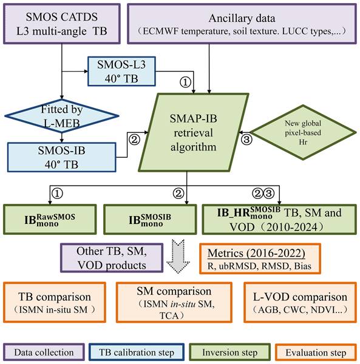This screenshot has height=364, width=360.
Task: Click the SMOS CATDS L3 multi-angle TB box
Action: pyautogui.click(x=62, y=24)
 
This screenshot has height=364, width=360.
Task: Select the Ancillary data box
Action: pyautogui.click(x=242, y=24)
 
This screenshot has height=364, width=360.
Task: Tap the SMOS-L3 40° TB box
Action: pyautogui.click(x=121, y=72)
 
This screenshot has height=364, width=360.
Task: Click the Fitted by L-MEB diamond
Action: pyautogui.click(x=62, y=116)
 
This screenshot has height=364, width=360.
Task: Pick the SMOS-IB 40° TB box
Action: pyautogui.click(x=62, y=157)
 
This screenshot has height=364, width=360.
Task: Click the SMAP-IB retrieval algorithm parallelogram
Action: pyautogui.click(x=194, y=132)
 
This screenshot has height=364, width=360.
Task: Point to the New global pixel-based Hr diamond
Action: pyautogui.click(x=303, y=132)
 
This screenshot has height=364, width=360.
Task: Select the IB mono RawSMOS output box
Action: pyautogui.click(x=50, y=220)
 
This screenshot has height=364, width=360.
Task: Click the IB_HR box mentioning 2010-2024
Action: pyautogui.click(x=279, y=220)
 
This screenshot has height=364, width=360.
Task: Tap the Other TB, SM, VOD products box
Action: pyautogui.click(x=112, y=258)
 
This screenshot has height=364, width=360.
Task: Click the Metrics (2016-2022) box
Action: pyautogui.click(x=260, y=258)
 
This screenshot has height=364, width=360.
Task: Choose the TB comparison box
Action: pyautogui.click(x=55, y=302)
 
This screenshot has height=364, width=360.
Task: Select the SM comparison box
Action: pyautogui.click(x=174, y=302)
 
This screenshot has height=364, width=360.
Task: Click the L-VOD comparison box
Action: pyautogui.click(x=300, y=302)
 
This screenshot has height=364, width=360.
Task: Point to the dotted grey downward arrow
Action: pyautogui.click(x=178, y=257)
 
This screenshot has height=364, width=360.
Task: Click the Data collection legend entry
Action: pyautogui.click(x=44, y=352)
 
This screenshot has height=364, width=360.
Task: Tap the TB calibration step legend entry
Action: pyautogui.click(x=137, y=352)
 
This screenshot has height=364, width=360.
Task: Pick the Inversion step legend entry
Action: pyautogui.click(x=230, y=352)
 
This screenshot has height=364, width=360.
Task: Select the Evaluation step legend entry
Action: pyautogui.click(x=316, y=352)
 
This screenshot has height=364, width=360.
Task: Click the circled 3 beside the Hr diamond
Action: pyautogui.click(x=246, y=140)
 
